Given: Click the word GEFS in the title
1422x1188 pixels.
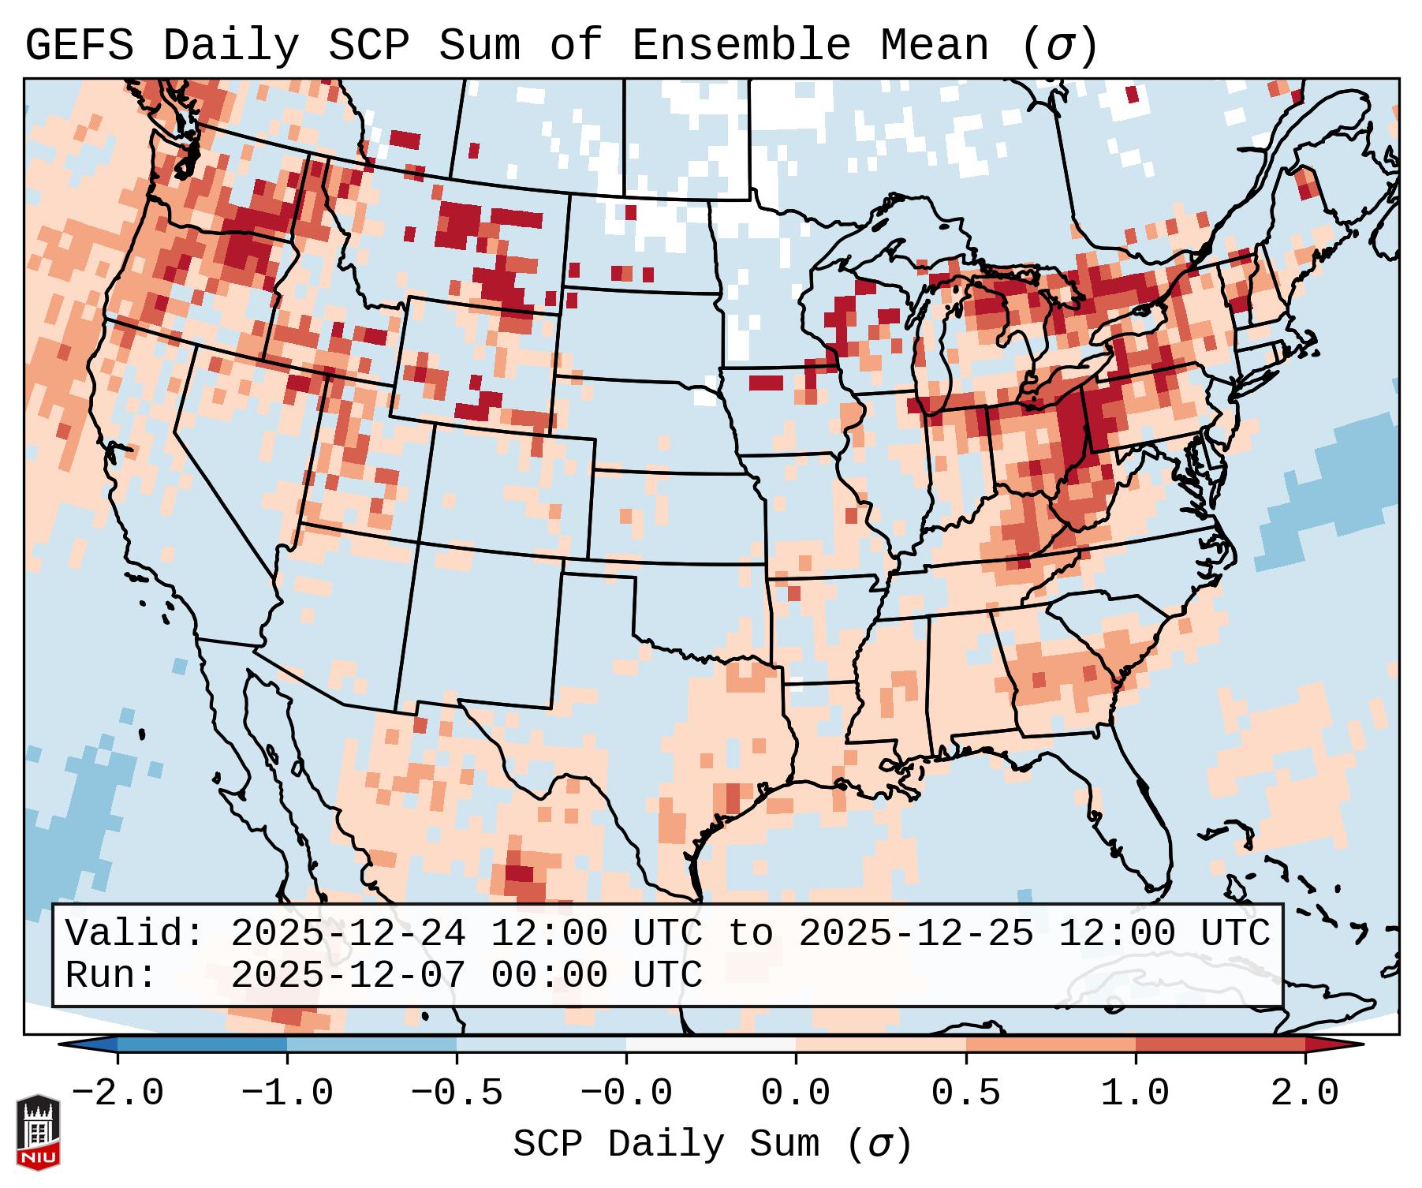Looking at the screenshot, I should [79, 46].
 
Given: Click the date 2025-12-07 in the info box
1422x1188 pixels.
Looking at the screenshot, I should [348, 975].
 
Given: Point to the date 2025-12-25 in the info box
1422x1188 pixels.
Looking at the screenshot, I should [916, 933].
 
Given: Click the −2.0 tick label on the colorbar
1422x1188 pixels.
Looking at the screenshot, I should [118, 1093].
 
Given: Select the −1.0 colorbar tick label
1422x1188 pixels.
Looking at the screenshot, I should [287, 1093].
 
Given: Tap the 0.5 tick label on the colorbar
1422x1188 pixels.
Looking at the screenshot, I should [966, 1093].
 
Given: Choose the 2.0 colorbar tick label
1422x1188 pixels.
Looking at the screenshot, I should [1305, 1093].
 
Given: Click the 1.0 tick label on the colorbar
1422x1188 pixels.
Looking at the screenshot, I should [1136, 1093].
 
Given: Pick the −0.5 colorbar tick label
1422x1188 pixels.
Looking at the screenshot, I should [457, 1093].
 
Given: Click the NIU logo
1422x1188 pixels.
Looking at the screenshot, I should [38, 1133].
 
